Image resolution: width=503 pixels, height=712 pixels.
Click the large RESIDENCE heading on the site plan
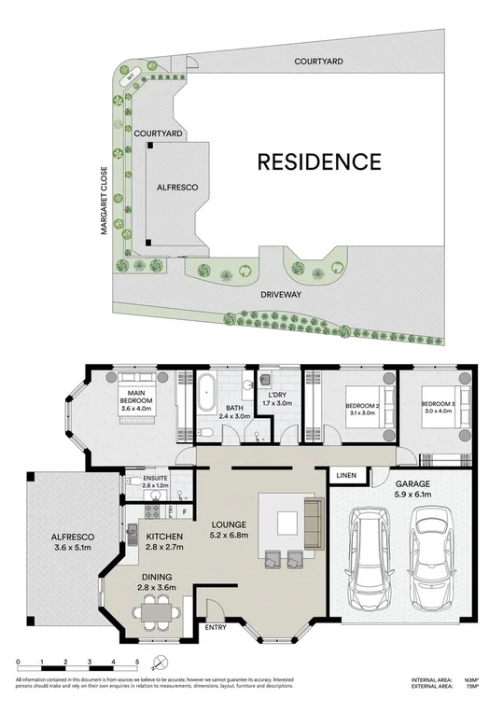(319, 161)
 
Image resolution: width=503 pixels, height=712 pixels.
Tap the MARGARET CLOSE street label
(105, 201)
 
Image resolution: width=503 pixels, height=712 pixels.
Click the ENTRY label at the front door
(217, 627)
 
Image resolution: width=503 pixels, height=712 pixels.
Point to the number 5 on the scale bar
(137, 662)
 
